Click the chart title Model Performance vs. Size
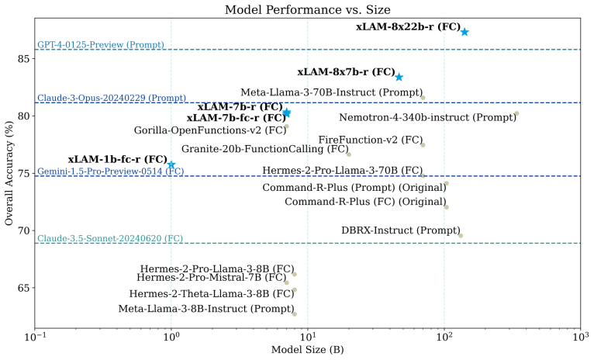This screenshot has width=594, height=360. (307, 9)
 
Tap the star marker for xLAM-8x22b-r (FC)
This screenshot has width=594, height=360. (464, 32)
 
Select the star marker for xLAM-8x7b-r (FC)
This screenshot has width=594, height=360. (399, 77)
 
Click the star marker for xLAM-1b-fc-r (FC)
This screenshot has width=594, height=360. (171, 164)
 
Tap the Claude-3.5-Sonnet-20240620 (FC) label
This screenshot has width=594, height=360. (110, 238)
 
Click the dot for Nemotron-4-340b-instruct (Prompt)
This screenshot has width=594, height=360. (516, 114)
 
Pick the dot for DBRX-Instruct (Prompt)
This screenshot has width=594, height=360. (460, 235)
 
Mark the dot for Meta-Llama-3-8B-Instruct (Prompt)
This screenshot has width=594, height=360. (295, 313)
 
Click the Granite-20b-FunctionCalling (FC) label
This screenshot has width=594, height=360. (264, 148)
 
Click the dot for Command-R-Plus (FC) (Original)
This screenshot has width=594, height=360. (446, 207)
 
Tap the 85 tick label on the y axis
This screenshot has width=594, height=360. (22, 58)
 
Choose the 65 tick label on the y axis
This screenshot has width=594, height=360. (22, 288)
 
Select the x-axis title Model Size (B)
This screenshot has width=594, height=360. (307, 351)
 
